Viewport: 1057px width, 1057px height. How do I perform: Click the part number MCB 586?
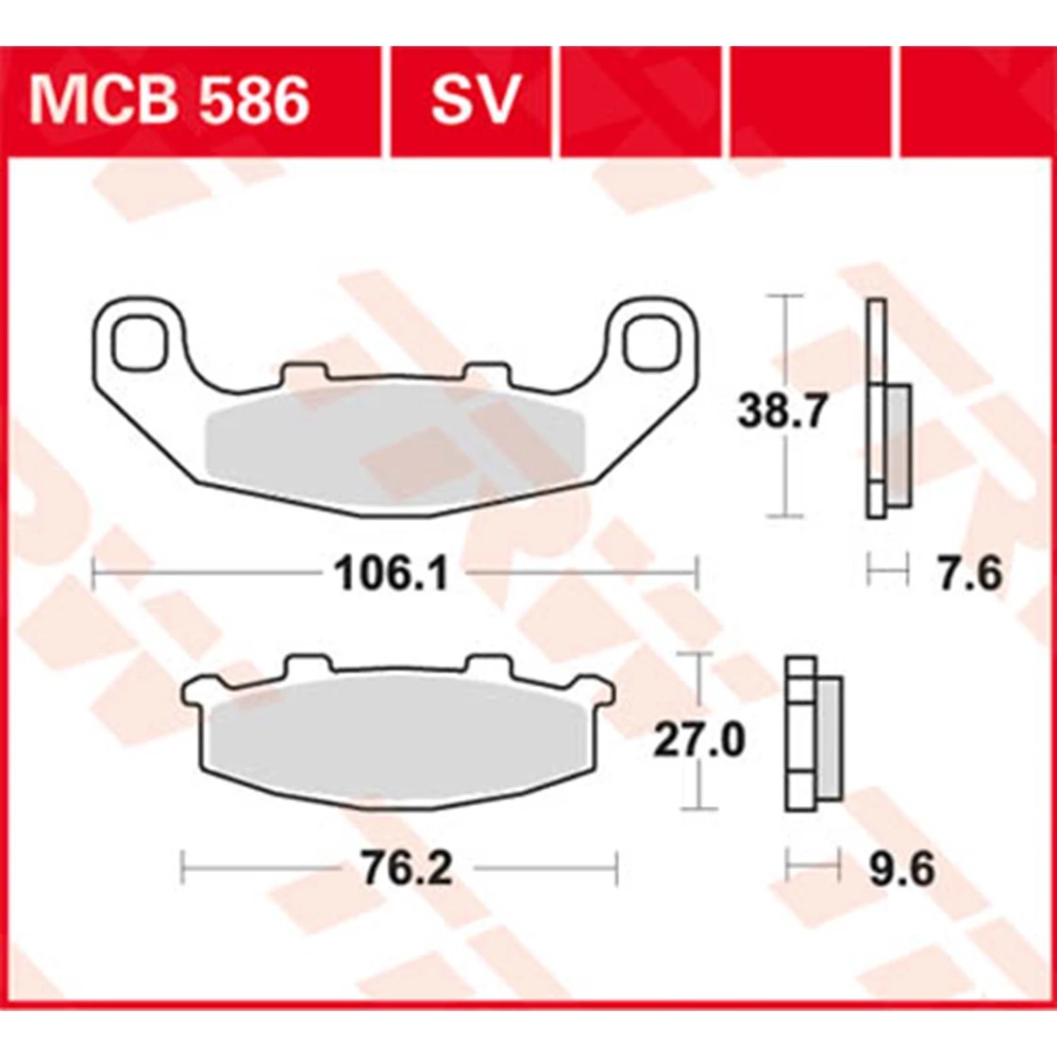[169, 101]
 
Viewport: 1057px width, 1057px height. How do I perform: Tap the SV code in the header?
[476, 101]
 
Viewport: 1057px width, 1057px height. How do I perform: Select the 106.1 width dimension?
[391, 575]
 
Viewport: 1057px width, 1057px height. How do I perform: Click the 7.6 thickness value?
[971, 575]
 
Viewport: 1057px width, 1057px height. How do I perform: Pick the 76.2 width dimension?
[407, 869]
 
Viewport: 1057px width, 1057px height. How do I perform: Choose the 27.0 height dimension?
[699, 740]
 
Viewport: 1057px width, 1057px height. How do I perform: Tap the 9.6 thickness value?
[901, 869]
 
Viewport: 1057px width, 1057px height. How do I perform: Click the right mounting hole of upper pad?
[651, 344]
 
